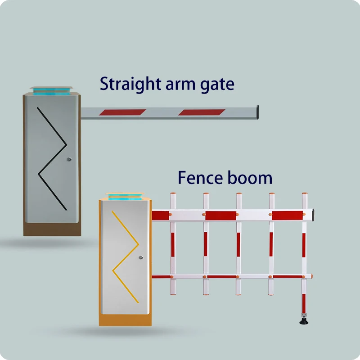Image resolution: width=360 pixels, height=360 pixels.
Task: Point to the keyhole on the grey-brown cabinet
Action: point(69,159)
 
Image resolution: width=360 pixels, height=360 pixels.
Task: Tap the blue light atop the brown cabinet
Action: point(50,91)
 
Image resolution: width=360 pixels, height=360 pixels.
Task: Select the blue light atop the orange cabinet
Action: point(124,198)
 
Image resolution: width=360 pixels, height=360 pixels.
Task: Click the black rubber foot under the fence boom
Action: point(304,321)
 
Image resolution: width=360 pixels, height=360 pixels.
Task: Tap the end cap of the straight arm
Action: point(257,112)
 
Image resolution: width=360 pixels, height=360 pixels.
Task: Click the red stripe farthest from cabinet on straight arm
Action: point(202,112)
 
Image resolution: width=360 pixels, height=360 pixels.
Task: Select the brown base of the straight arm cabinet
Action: point(52,229)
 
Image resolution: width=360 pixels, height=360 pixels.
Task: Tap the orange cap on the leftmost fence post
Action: point(173,194)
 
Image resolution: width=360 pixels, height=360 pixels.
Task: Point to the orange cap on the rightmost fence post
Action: point(304,194)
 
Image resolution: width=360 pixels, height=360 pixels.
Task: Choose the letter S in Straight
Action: point(105,84)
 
